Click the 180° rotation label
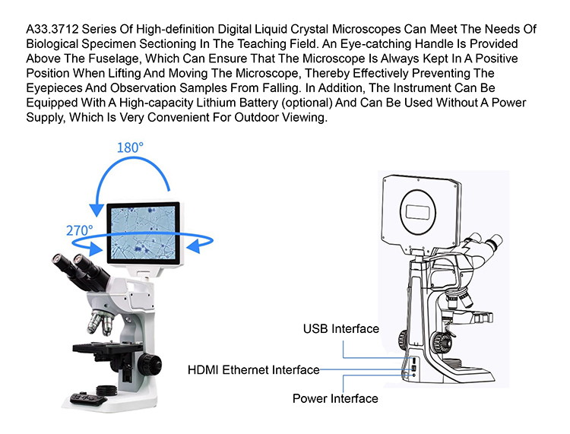pos(130,147)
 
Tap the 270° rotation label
pos(79,230)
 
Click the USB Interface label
pos(341,328)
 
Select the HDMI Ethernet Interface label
pos(253,370)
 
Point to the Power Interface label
pos(335,399)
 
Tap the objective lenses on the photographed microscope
pos(100,322)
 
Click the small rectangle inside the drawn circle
pos(420,212)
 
